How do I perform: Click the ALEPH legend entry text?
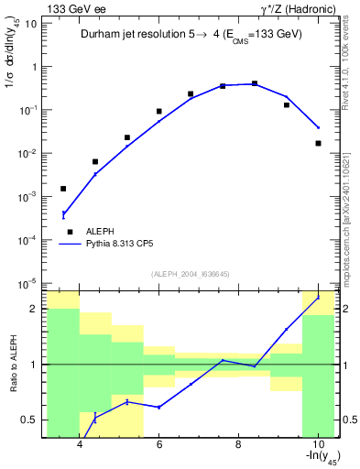pos(98,232)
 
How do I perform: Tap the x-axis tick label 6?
pos(158,445)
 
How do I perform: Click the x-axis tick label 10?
pos(317,445)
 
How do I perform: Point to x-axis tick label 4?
pos(80,445)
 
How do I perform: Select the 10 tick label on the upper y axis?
pos(31,24)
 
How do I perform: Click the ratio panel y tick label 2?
pos(33,309)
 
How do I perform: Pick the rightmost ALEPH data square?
pos(318,143)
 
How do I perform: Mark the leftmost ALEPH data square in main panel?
pos(63,189)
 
